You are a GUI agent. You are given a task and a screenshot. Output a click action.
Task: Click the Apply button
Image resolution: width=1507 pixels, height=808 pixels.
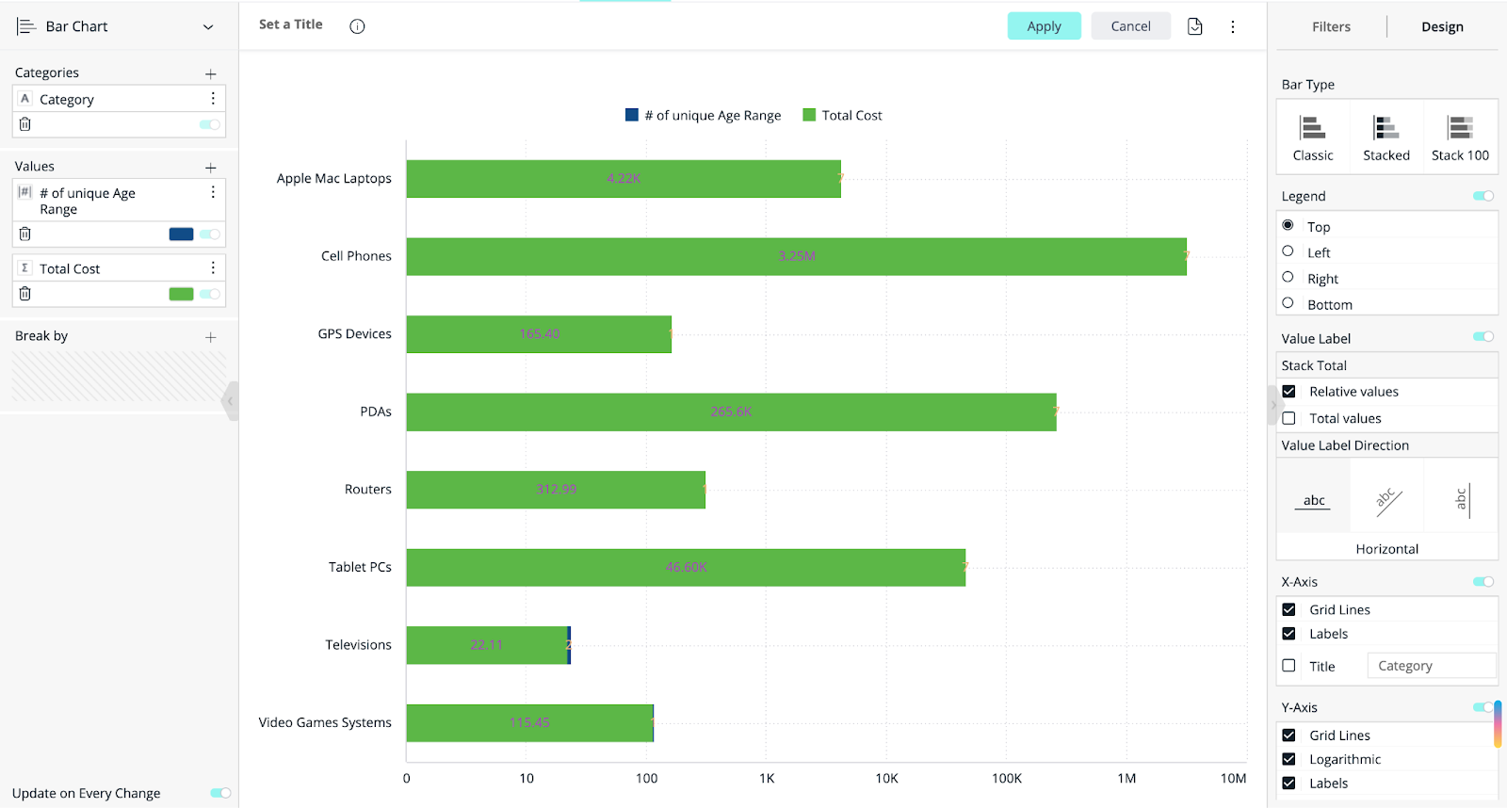click(1044, 26)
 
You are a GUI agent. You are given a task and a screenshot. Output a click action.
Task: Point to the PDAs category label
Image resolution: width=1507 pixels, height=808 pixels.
click(375, 412)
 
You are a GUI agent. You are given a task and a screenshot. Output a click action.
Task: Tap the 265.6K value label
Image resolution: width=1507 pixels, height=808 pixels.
click(731, 412)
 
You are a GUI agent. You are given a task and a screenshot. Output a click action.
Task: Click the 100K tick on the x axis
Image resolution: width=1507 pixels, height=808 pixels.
click(1006, 778)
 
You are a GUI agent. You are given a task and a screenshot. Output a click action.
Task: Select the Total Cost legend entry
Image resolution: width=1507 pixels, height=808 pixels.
click(842, 115)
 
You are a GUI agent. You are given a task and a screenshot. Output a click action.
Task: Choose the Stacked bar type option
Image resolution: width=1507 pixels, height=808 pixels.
click(1385, 137)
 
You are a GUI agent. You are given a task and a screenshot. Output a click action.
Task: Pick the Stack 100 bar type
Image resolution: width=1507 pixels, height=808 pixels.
click(1460, 137)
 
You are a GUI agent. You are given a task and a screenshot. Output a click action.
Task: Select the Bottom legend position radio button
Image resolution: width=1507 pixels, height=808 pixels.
click(1288, 303)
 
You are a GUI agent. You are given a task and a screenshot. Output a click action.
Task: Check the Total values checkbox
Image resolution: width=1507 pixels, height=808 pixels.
click(1288, 418)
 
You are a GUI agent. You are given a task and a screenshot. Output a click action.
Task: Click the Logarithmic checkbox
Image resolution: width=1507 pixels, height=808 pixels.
click(1288, 759)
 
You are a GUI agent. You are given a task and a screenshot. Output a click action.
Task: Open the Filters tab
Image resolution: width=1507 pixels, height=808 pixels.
click(1331, 26)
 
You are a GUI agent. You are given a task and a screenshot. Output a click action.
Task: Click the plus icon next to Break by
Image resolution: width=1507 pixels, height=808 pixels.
click(210, 337)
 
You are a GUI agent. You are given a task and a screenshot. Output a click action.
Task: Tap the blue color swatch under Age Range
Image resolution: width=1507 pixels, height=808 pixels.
click(181, 234)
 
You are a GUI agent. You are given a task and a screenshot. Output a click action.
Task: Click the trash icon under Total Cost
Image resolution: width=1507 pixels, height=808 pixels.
click(25, 294)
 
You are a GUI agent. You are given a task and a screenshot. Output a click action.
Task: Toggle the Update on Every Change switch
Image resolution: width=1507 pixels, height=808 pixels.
click(220, 793)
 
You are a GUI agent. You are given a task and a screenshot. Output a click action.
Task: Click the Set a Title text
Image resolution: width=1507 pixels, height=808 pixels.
click(290, 24)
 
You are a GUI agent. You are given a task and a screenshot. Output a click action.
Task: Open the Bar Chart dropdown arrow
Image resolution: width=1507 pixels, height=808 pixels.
click(208, 27)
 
